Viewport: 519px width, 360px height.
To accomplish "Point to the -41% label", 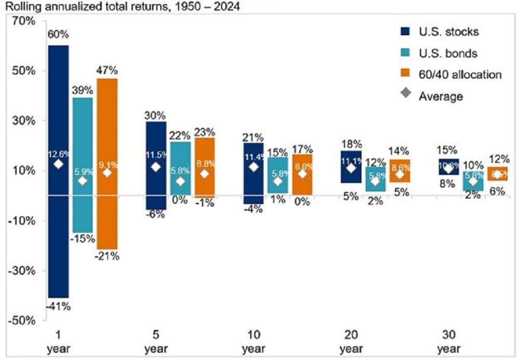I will click(59, 306).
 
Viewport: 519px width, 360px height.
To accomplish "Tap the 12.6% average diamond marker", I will click(58, 164).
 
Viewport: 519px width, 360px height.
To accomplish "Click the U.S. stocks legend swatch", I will click(406, 32).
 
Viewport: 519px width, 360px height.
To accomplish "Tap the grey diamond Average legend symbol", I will click(406, 94).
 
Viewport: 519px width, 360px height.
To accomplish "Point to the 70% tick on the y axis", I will click(23, 21).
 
